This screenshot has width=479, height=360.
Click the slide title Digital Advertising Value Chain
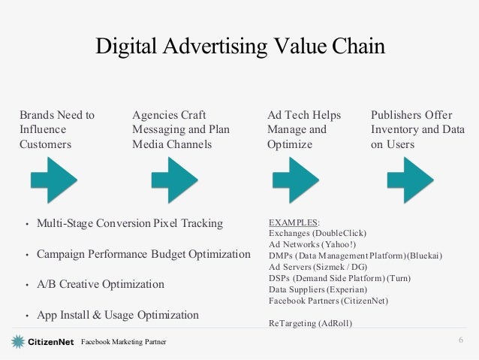[x=239, y=47]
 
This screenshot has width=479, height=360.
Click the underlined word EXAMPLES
[x=293, y=222]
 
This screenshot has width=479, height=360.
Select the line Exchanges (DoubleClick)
[x=317, y=234]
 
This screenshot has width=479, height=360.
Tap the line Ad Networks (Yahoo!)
[x=312, y=245]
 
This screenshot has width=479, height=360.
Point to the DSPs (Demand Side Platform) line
[x=339, y=278]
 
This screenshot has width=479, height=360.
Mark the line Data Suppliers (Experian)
[x=318, y=289]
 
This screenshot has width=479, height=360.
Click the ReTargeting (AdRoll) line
[x=310, y=323]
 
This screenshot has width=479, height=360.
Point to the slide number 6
[x=460, y=342]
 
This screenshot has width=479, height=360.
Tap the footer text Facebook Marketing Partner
[x=124, y=343]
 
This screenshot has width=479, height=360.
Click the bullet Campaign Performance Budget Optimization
[x=143, y=255]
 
